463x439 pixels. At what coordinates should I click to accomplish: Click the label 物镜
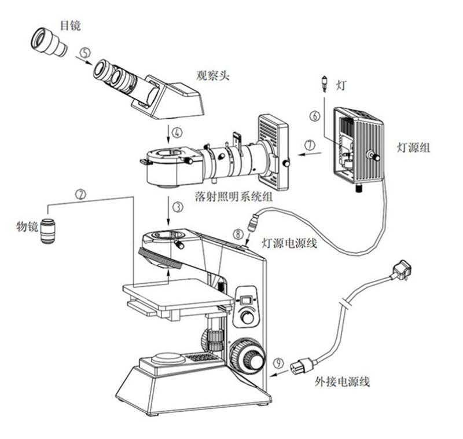tap(27, 226)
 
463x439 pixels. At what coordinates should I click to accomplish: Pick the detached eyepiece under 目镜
tap(49, 41)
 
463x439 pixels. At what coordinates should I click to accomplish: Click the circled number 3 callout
tap(177, 206)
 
